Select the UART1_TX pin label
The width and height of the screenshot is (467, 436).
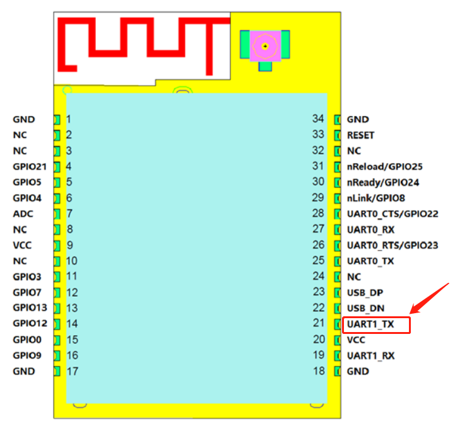tap(370, 324)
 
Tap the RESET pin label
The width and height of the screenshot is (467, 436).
tap(360, 135)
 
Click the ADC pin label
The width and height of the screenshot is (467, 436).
tap(23, 214)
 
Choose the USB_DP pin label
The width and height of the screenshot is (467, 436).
tap(365, 292)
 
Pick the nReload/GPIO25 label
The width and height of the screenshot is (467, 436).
tap(384, 166)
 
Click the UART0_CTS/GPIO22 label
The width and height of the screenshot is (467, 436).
tap(393, 214)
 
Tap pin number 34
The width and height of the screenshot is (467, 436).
tap(319, 118)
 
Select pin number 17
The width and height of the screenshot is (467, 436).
tap(73, 371)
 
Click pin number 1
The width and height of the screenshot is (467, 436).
tap(69, 118)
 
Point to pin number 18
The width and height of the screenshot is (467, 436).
tap(319, 371)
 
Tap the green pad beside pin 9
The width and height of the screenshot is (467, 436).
tap(57, 245)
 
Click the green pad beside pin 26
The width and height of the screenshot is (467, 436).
tap(338, 245)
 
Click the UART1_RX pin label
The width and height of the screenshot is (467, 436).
tap(370, 355)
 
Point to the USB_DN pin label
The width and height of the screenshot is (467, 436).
tap(365, 308)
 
